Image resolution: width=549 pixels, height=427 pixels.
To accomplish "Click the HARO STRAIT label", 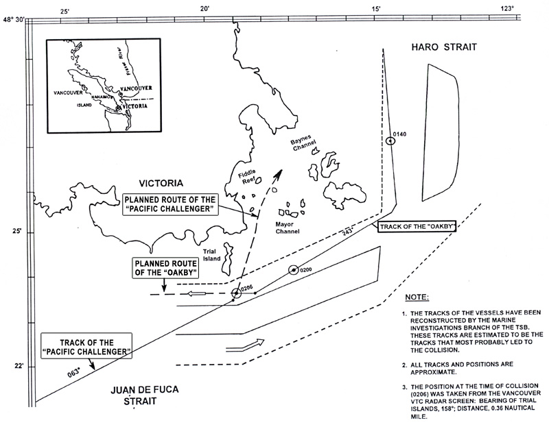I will tap(439, 47).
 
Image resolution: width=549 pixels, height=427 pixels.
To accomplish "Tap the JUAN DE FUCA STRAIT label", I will tap(142, 396).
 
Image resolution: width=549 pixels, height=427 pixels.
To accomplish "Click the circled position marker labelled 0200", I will tap(294, 270).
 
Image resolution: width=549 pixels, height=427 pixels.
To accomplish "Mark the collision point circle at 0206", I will tap(236, 293).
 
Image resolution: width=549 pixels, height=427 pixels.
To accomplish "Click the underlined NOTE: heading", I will tap(417, 297).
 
